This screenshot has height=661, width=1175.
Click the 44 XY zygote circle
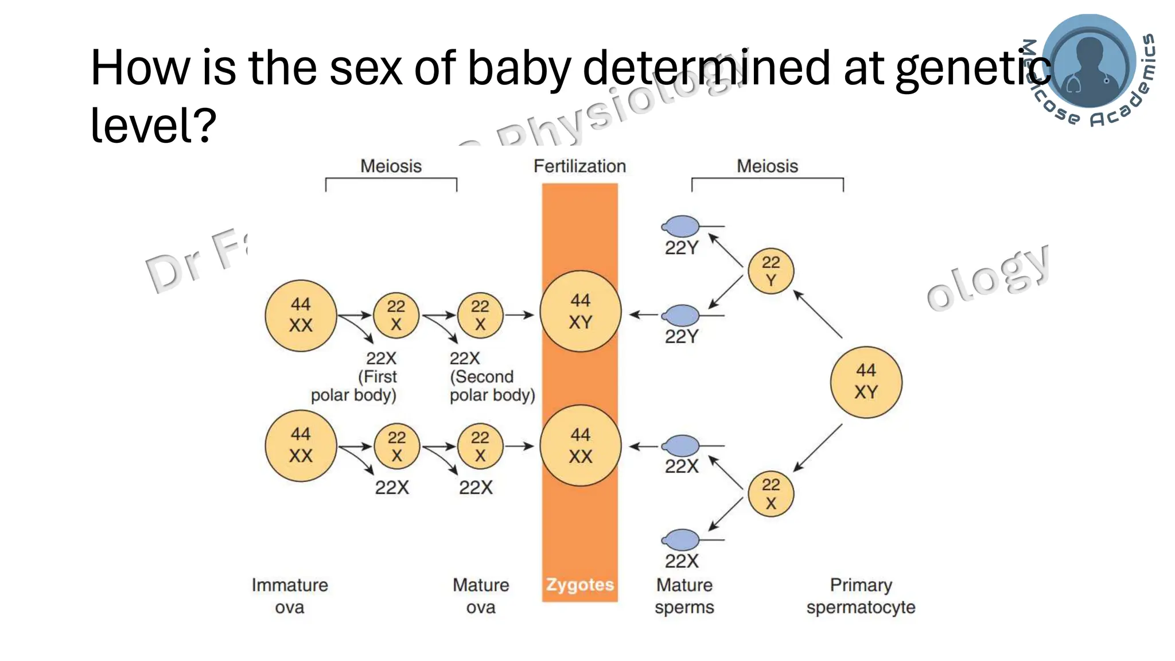(580, 312)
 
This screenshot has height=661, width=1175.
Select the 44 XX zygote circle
(580, 446)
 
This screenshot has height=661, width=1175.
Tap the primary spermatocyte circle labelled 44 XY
(866, 382)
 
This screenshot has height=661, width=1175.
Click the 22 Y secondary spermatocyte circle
(771, 271)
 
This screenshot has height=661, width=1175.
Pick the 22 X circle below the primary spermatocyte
(771, 494)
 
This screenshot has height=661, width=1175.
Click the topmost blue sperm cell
(682, 227)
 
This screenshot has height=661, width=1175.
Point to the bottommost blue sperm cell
(682, 540)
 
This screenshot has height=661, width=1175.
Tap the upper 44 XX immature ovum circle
(301, 316)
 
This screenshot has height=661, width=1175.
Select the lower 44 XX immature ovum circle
(301, 446)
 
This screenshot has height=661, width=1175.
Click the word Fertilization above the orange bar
(579, 166)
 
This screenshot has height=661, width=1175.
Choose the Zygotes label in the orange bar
(579, 585)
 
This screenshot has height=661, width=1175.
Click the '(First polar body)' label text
(354, 386)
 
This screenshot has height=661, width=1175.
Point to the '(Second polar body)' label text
(492, 386)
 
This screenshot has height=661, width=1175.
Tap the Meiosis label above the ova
(391, 166)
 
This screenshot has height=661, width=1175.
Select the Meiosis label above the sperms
(767, 166)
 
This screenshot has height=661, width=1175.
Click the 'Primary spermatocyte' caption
(861, 596)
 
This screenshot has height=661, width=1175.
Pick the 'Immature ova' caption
(290, 596)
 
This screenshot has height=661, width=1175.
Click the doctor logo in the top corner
(1089, 62)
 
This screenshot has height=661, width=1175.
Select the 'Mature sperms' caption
(684, 596)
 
